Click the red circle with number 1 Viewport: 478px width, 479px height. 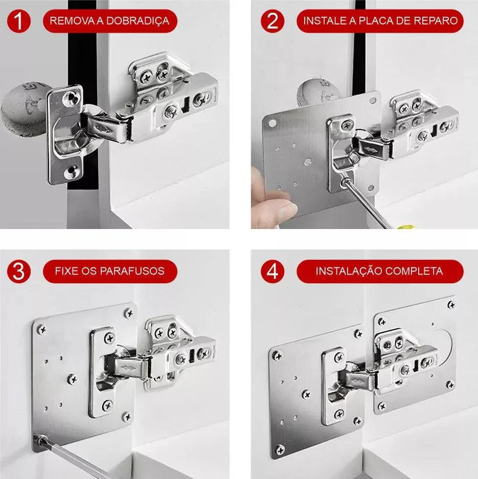pos(18,21)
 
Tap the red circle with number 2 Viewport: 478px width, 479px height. pos(272,21)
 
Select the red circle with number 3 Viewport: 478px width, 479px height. pos(18,271)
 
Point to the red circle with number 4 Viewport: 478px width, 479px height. pos(272,271)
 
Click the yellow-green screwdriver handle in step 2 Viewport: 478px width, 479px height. pos(406,227)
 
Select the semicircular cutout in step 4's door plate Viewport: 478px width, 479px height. pos(445,348)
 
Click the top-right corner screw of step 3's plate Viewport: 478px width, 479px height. pos(129,313)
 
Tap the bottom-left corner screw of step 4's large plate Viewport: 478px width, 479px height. pos(280,450)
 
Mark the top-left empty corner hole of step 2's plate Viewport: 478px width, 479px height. pos(272,123)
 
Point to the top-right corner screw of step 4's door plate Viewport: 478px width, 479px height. pos(451,305)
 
